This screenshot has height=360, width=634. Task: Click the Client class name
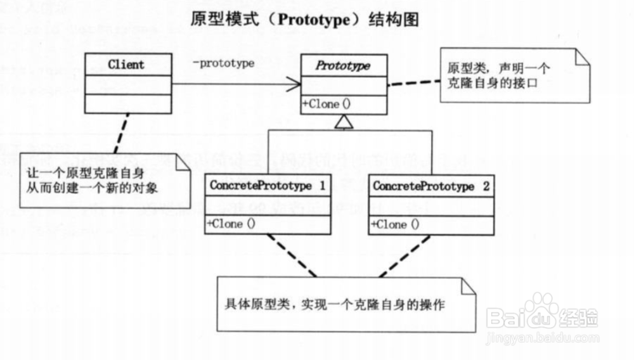(x=126, y=65)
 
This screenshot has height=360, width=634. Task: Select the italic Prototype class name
(x=343, y=66)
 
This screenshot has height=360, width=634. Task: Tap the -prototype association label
(x=223, y=63)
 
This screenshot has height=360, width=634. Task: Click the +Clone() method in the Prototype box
(x=327, y=105)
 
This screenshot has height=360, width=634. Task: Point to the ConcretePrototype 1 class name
(x=267, y=186)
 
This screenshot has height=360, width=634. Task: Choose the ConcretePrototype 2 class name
(x=430, y=186)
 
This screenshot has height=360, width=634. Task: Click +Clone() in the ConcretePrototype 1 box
(x=231, y=224)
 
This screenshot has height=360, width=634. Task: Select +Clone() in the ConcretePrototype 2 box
(x=395, y=224)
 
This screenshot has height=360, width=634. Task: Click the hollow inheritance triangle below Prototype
(x=343, y=122)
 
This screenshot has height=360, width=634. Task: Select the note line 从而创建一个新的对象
(x=91, y=188)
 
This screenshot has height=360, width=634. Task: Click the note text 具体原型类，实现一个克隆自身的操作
(x=335, y=304)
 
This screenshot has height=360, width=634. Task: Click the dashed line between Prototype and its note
(x=413, y=82)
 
